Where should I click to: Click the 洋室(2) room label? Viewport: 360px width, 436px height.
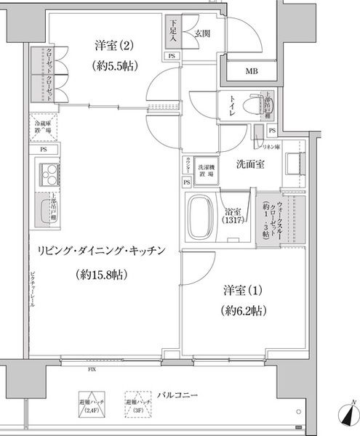[112, 45]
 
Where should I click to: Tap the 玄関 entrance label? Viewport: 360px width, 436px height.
[202, 33]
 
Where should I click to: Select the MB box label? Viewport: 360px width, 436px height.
[251, 70]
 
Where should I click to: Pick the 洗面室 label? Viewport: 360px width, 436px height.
[249, 164]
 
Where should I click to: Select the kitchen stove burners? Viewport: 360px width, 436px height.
[49, 174]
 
